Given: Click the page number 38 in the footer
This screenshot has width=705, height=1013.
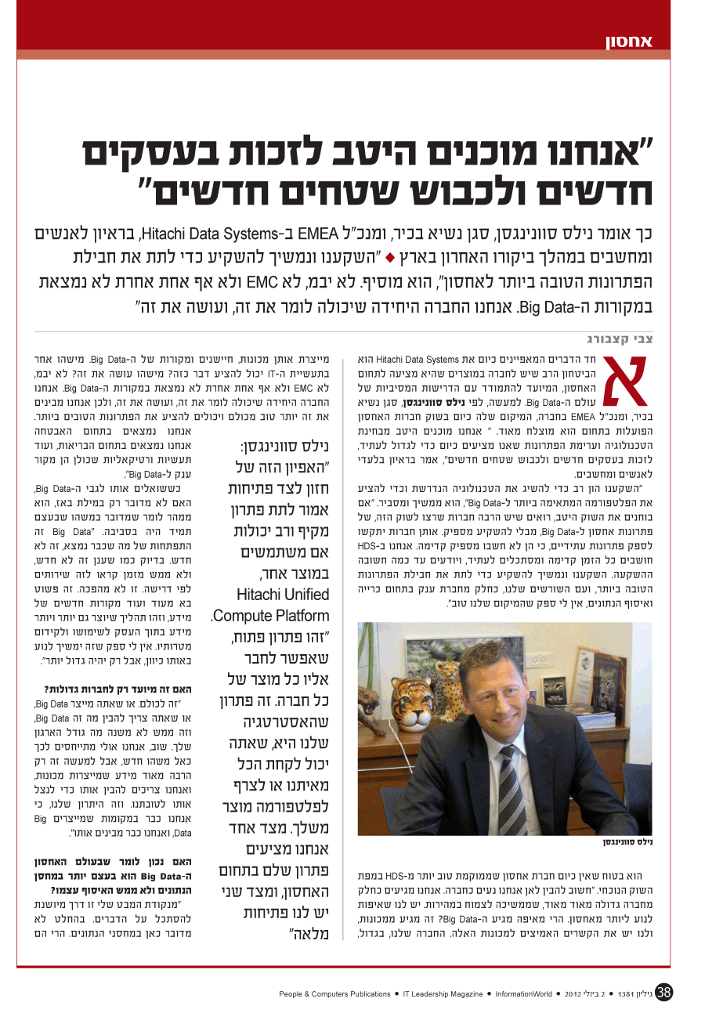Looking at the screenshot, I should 665,993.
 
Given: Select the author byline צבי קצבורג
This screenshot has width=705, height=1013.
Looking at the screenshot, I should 620,339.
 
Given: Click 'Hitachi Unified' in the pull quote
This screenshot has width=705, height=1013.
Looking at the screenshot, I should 283,595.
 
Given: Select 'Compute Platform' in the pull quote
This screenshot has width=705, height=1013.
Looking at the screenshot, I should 272,616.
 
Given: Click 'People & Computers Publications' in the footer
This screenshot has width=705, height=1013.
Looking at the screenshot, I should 334,994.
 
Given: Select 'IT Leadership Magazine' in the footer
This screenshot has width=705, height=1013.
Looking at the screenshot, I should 443,994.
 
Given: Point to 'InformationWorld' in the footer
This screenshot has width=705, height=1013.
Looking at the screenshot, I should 523,994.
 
